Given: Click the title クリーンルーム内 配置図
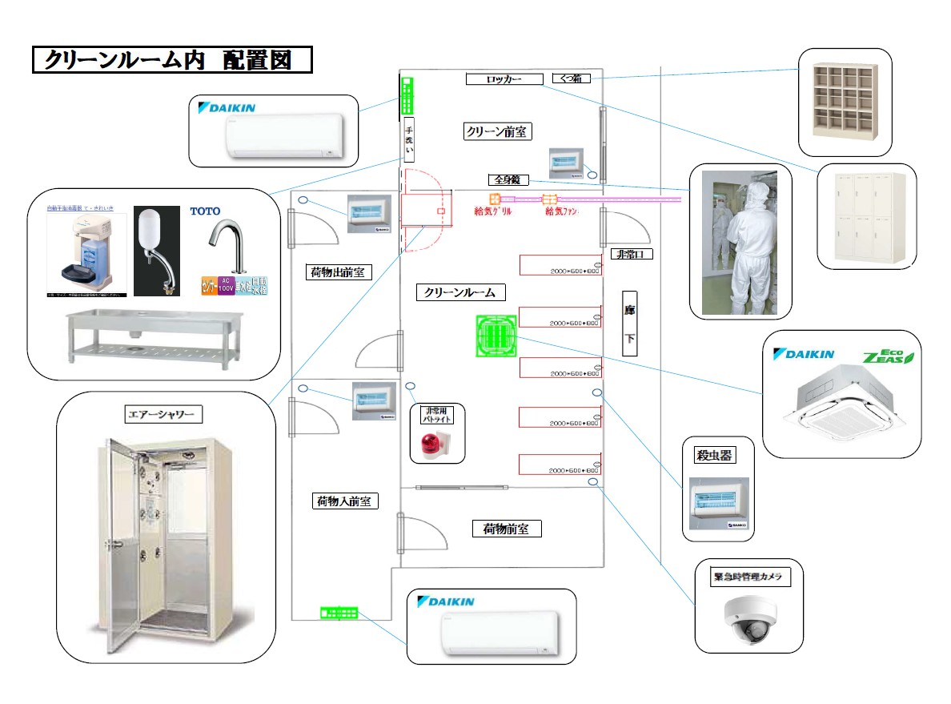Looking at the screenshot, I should click(x=171, y=60).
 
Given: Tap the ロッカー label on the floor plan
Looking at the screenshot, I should click(x=504, y=79).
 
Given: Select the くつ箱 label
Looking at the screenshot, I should click(x=572, y=78).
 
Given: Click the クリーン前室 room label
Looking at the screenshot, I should click(x=498, y=131).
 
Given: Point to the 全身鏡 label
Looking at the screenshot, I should click(x=508, y=180).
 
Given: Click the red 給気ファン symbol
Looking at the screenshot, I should click(x=549, y=200).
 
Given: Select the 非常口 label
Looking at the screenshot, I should click(x=632, y=255).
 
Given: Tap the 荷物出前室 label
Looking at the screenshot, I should click(x=338, y=272).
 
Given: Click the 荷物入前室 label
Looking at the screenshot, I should click(x=344, y=501).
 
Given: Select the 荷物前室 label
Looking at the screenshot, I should click(x=506, y=529).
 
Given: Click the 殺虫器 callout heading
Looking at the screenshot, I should click(x=714, y=456).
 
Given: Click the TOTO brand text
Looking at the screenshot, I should click(x=205, y=211).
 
